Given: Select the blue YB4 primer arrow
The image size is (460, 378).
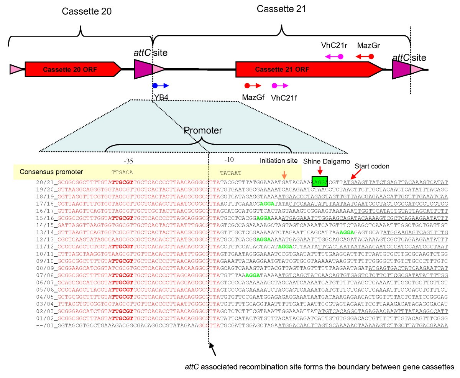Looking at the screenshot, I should (x=160, y=86).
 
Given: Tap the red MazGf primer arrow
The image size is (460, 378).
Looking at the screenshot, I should (x=253, y=86).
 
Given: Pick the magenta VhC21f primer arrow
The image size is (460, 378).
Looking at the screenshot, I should (x=280, y=86).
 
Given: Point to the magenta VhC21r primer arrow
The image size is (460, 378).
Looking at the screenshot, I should (x=334, y=56).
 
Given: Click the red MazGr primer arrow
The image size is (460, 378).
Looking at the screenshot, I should (x=364, y=56).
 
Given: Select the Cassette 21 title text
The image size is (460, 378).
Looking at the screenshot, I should (x=281, y=8).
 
